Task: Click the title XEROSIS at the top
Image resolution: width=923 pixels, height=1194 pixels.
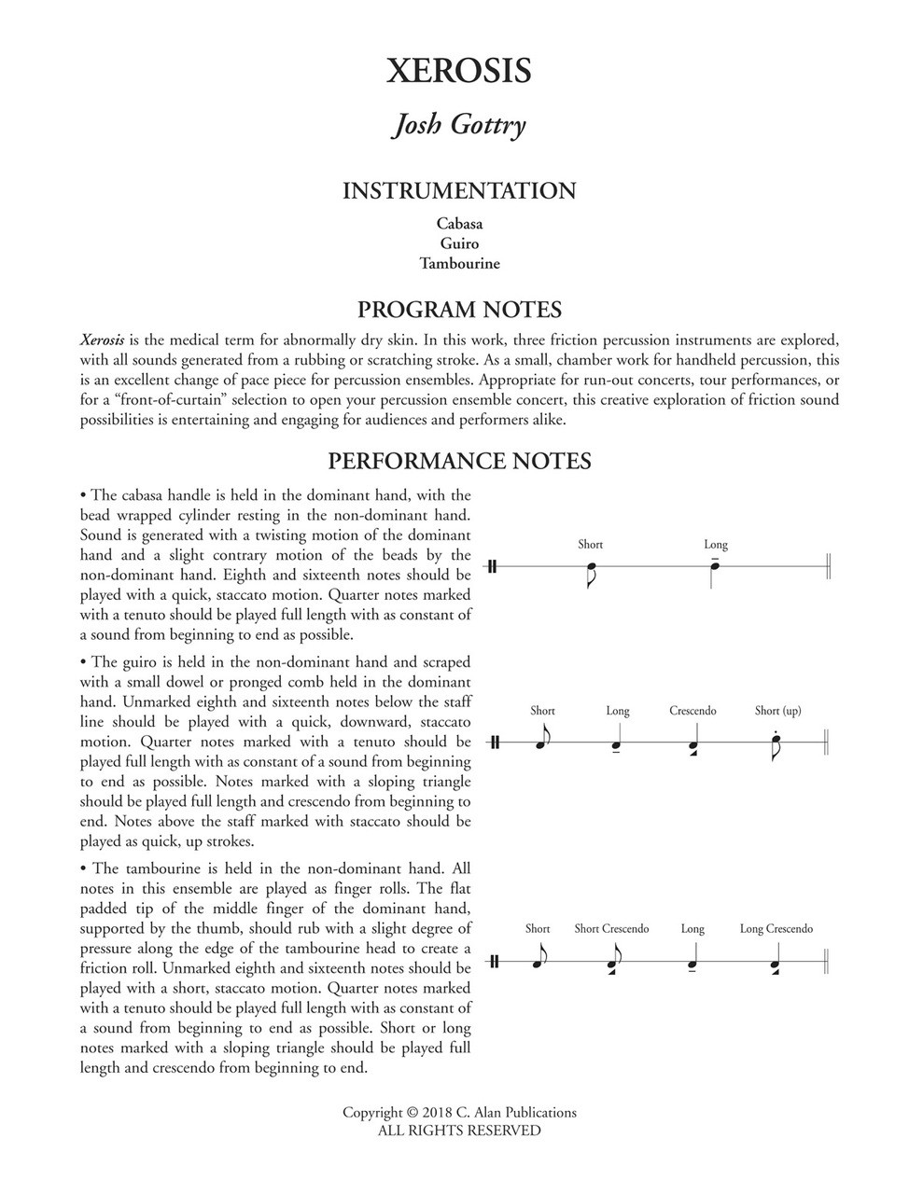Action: [x=459, y=72]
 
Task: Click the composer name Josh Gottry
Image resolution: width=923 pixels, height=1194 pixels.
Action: [x=459, y=125]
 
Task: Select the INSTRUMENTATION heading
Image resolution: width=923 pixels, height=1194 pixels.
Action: [x=459, y=191]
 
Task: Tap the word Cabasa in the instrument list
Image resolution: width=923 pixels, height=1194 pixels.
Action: [x=459, y=224]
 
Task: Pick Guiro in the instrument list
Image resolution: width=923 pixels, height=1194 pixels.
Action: [x=459, y=243]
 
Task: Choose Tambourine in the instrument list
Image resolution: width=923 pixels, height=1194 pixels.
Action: [x=459, y=263]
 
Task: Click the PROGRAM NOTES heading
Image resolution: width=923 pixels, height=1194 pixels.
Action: [x=459, y=310]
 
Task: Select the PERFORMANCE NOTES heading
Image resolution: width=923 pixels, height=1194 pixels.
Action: [x=459, y=461]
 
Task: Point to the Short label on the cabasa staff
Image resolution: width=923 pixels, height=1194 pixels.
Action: [x=590, y=545]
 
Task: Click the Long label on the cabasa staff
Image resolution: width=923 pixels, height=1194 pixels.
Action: [x=716, y=545]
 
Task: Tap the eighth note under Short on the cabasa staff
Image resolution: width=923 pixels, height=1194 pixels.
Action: [x=590, y=568]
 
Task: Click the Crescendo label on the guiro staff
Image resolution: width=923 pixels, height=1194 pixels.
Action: [x=692, y=711]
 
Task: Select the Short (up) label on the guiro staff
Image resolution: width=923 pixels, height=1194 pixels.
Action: [x=777, y=711]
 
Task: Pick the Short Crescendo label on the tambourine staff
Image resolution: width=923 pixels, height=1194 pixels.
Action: [x=611, y=929]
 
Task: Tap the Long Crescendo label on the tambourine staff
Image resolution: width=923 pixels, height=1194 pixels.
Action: [x=776, y=929]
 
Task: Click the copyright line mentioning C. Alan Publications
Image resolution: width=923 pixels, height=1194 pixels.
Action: [x=459, y=1112]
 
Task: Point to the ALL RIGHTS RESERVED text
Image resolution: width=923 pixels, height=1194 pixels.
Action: [x=459, y=1131]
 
